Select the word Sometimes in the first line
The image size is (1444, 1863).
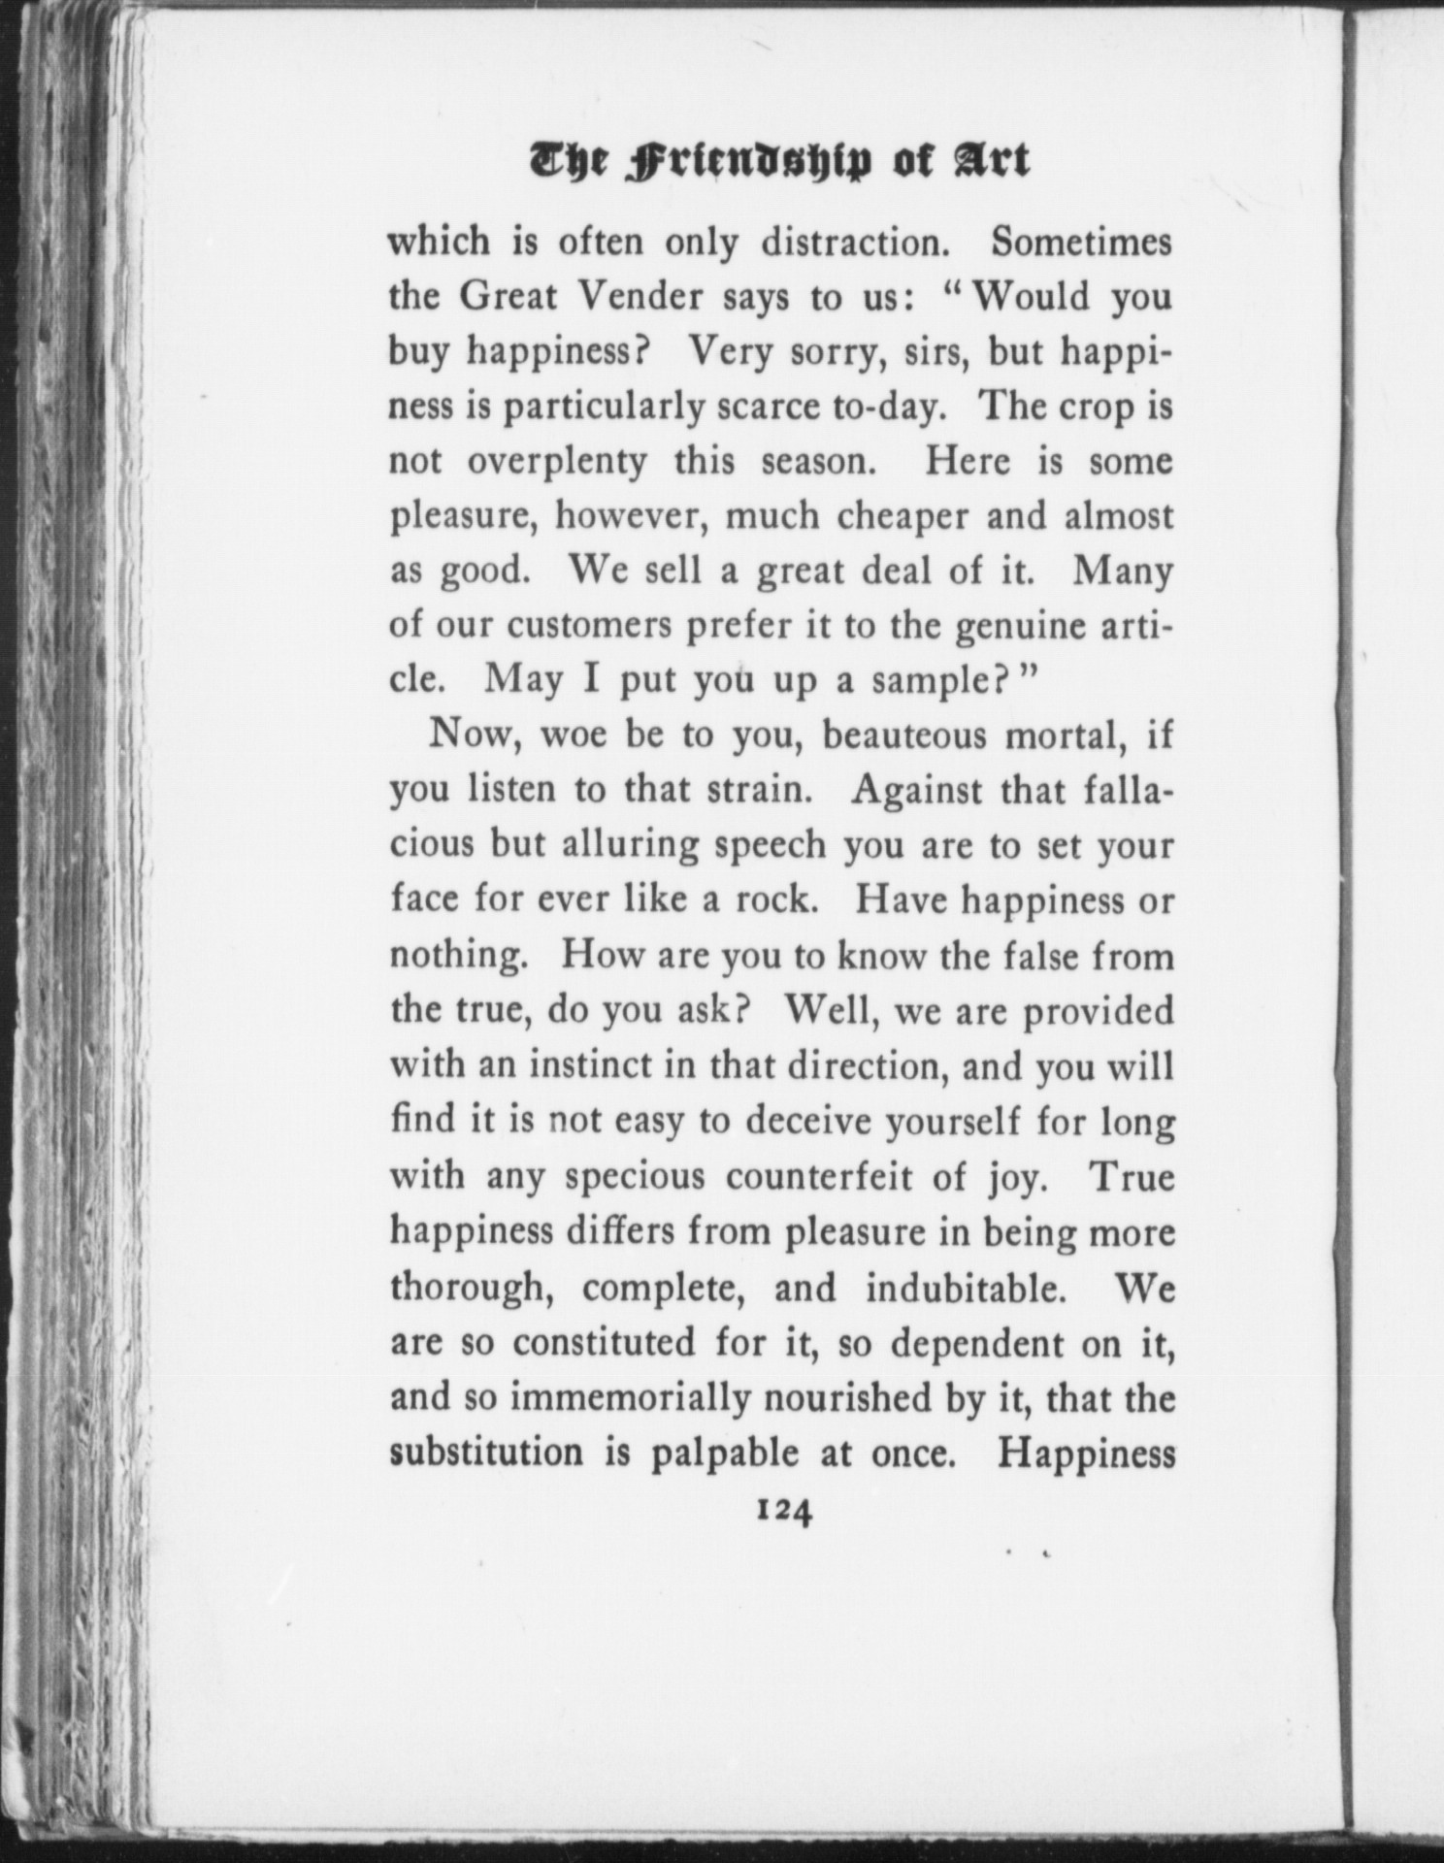[1081, 243]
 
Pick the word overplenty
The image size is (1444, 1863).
[557, 463]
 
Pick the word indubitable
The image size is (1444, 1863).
[960, 1289]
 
